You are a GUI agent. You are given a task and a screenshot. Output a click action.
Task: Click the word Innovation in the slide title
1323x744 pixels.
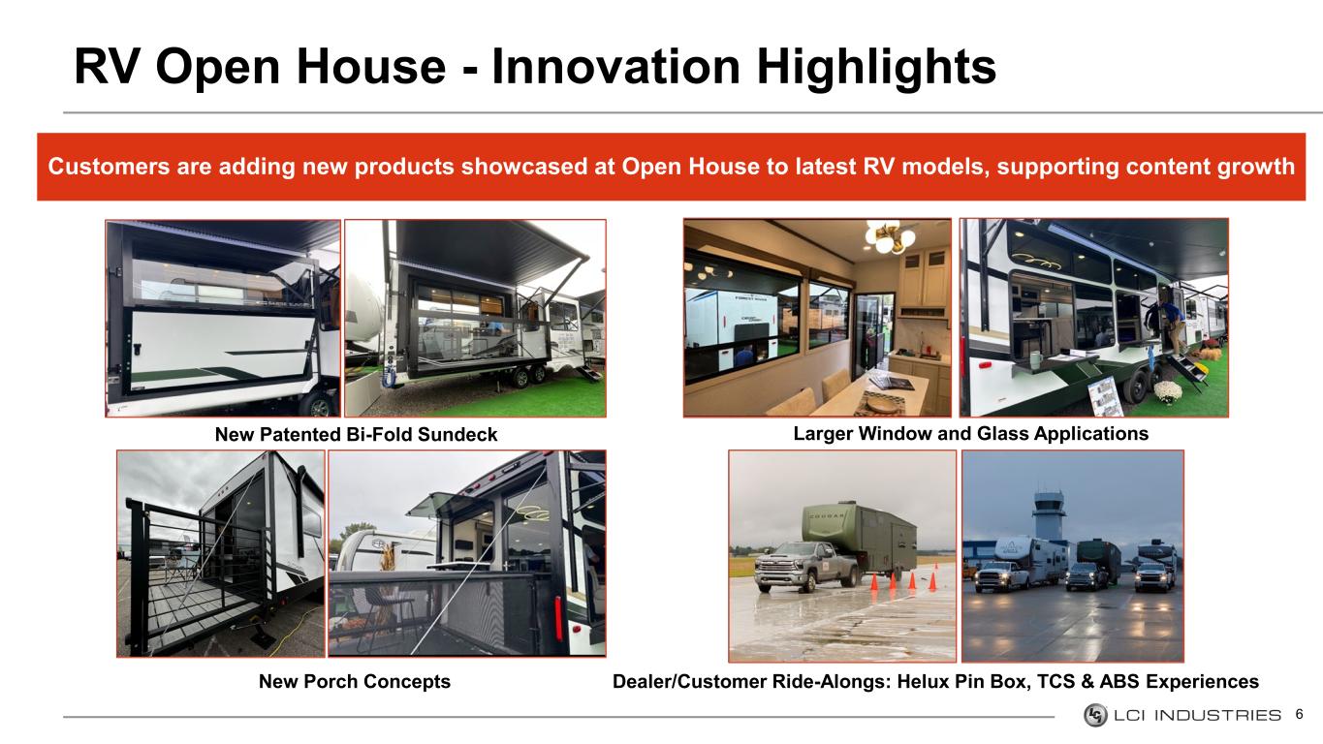click(x=616, y=66)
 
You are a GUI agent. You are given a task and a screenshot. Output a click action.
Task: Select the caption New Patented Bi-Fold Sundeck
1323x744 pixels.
click(x=356, y=435)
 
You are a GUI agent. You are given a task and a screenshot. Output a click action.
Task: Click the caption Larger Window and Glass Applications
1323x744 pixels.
click(x=970, y=433)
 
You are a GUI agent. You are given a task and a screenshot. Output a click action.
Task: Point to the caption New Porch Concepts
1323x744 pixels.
click(x=355, y=681)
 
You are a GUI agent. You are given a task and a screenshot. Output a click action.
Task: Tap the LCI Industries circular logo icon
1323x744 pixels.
click(x=1095, y=715)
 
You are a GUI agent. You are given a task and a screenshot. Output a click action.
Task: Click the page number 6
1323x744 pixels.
click(x=1299, y=715)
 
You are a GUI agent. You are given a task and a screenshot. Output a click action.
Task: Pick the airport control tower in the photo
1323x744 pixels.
click(x=1050, y=515)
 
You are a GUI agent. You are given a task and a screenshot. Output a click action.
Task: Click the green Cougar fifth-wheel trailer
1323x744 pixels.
click(x=860, y=539)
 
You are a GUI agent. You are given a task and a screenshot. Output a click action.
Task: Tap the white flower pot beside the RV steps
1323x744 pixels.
click(x=1168, y=392)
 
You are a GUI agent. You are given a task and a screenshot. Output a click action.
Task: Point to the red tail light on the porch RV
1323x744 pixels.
click(x=558, y=617)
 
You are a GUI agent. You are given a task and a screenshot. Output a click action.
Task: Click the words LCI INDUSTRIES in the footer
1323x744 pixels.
click(x=1197, y=715)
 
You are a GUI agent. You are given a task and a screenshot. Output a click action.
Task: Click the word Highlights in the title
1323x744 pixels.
click(x=876, y=67)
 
